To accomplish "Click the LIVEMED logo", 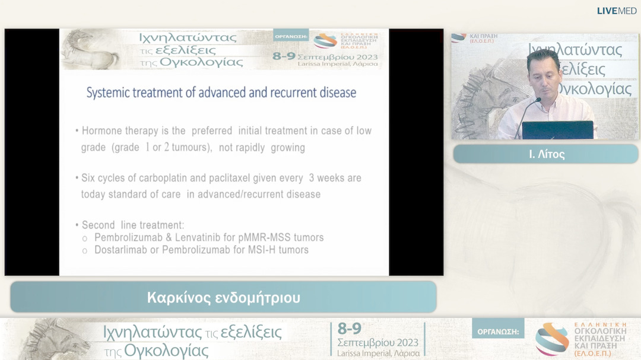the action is [x=617, y=11].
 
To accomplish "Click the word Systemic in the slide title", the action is [x=107, y=93].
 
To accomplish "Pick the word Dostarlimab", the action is [x=120, y=250].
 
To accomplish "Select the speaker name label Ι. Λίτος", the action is [x=547, y=154].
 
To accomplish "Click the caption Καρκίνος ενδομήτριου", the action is [x=224, y=298].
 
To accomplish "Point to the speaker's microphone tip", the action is [x=539, y=99].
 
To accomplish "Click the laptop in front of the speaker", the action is [x=557, y=130].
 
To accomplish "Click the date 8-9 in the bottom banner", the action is [x=349, y=329].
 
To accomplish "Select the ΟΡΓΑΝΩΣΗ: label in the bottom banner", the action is [x=498, y=332].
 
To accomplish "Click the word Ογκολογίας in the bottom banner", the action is [x=166, y=350].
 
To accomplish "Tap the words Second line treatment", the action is [x=133, y=225].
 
